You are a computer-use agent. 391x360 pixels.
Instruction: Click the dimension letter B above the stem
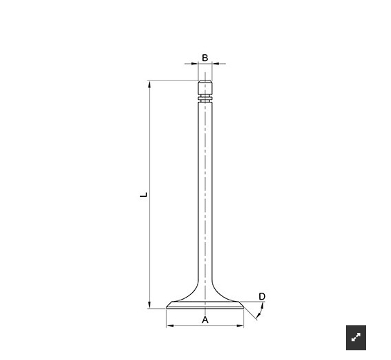(205, 58)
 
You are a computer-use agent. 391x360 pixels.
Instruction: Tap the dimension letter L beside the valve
(144, 195)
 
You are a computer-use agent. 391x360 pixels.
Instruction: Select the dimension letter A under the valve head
(205, 320)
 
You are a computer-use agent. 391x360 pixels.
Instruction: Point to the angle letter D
(262, 296)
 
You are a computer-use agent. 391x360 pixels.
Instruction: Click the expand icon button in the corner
(356, 338)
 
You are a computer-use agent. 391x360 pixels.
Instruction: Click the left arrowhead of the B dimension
(195, 64)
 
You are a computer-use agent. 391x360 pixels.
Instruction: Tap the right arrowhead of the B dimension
(216, 64)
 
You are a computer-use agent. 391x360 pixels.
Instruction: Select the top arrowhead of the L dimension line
(149, 85)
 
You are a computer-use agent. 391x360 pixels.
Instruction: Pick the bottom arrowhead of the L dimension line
(149, 305)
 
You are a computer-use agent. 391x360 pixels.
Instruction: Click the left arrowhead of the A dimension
(171, 325)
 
